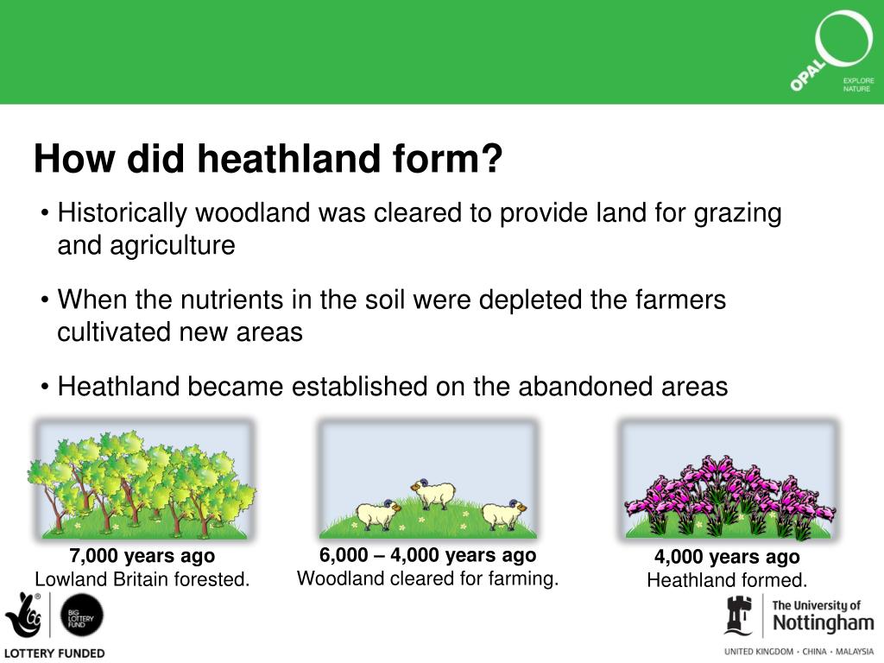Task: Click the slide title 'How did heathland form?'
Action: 268,160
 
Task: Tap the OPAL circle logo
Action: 832,52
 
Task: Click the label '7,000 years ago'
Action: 142,556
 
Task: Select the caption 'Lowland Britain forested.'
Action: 142,579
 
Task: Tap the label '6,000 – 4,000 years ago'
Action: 427,555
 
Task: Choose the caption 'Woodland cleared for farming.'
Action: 427,578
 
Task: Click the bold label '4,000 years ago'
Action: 726,557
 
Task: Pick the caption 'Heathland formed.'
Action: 726,580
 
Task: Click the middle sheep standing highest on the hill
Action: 433,493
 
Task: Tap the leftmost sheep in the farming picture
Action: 377,515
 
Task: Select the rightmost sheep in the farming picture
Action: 502,515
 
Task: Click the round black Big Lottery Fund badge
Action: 82,616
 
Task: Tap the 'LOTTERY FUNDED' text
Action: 54,654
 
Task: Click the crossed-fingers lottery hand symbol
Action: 24,615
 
